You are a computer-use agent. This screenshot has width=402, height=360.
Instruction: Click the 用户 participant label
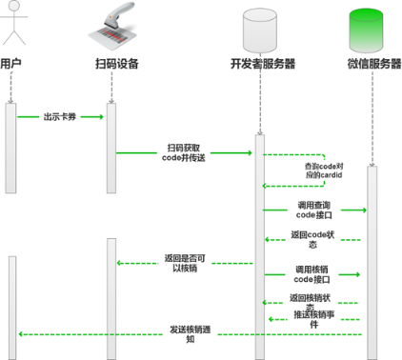pos(10,64)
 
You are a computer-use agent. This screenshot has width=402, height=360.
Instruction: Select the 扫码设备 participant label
pos(116,64)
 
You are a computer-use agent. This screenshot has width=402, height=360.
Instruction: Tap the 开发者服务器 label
pos(262,64)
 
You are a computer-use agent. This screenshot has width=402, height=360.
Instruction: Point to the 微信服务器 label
pos(373,64)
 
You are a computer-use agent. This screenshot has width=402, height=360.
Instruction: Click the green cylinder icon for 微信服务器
pos(373,28)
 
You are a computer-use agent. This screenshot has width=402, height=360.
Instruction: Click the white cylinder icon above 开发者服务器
pos(262,28)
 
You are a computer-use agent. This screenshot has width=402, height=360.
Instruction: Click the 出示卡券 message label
pos(59,118)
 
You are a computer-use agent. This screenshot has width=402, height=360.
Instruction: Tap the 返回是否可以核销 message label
pos(183,262)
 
